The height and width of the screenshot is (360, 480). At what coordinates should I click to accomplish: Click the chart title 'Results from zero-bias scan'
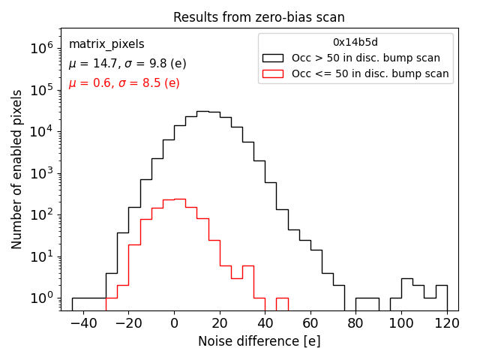tap(259, 17)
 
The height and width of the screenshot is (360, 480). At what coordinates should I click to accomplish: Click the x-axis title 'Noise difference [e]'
tap(259, 341)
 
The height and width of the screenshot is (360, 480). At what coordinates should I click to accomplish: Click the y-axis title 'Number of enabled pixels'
tap(16, 169)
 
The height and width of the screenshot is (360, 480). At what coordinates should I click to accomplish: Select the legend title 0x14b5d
tap(355, 42)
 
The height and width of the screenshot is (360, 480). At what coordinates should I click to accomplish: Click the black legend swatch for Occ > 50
tap(273, 58)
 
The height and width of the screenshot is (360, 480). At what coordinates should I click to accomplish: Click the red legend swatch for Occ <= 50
tap(273, 73)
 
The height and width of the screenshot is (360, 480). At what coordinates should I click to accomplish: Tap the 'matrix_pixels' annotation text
tap(106, 44)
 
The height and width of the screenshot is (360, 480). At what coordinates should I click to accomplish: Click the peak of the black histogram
tap(202, 112)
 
